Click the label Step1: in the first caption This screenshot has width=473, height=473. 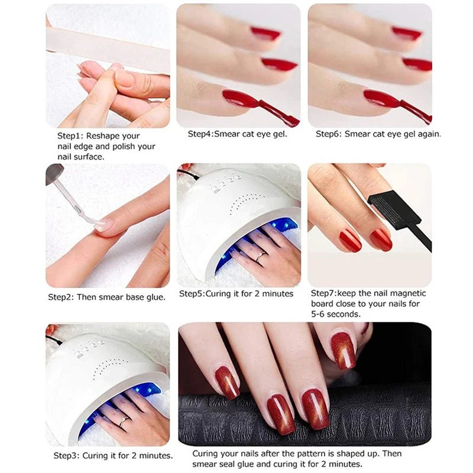[70, 136]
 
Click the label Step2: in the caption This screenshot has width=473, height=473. [61, 297]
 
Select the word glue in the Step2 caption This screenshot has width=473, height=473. [155, 297]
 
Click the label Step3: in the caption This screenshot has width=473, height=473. [66, 455]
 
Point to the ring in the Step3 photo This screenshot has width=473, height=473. [124, 421]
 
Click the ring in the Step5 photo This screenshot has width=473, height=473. [260, 257]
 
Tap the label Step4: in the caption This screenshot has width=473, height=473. [200, 134]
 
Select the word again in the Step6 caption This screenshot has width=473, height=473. [429, 134]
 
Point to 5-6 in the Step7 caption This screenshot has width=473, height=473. [318, 315]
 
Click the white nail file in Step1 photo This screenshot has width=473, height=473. [108, 49]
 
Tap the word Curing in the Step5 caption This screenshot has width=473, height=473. [219, 294]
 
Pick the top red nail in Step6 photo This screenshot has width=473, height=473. [407, 34]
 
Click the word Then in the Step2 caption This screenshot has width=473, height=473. [86, 297]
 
